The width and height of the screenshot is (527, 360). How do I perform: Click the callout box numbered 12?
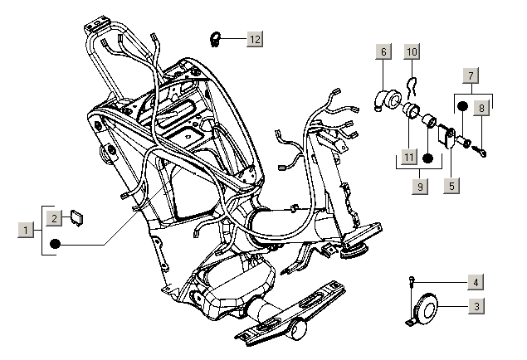point(253,39)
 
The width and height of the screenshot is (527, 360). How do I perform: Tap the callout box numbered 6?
point(383,52)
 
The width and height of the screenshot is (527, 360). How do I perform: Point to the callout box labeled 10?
point(412,52)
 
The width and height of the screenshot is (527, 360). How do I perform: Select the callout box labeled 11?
point(408,157)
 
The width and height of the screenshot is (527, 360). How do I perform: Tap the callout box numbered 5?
point(451,186)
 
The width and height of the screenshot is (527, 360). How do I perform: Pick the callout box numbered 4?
point(475,283)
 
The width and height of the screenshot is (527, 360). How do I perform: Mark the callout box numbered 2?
point(52,218)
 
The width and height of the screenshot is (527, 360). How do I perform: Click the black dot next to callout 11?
point(428,158)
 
